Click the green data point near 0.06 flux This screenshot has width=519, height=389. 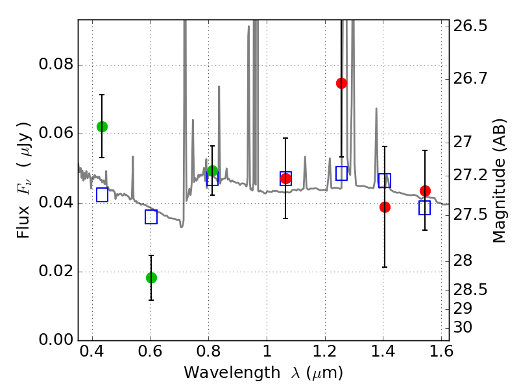102,126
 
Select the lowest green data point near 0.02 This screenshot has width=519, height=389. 151,277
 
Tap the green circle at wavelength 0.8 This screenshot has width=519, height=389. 212,171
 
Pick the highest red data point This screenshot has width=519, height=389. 341,83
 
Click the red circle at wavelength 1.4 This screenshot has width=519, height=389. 385,207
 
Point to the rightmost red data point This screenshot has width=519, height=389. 425,191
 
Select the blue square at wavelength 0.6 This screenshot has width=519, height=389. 151,217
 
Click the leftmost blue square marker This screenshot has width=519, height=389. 102,194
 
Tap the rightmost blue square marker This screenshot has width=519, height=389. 425,207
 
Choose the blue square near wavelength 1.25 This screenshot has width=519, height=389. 341,173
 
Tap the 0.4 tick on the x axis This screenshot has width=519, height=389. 92,355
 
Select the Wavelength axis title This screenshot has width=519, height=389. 263,373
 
